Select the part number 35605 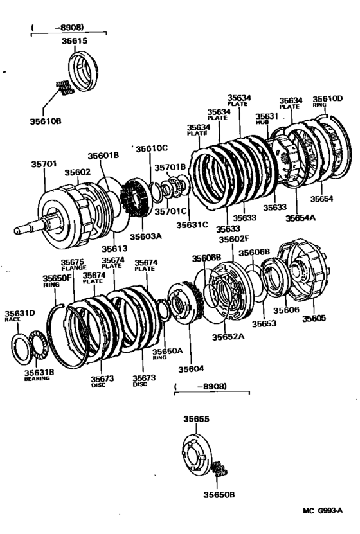pos(314,317)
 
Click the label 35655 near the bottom pos(197,418)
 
